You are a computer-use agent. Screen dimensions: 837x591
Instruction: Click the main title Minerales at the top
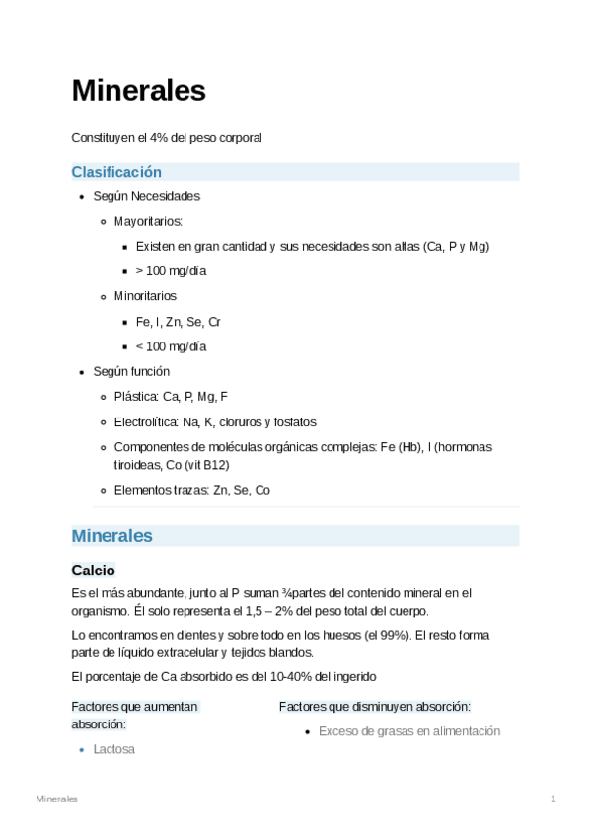[x=138, y=91]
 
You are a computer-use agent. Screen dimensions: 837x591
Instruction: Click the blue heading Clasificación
[x=116, y=172]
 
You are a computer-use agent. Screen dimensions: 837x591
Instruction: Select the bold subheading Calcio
[x=94, y=571]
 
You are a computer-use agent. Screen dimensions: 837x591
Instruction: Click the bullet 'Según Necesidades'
[x=146, y=196]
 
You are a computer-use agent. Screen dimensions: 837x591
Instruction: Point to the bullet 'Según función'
[x=131, y=371]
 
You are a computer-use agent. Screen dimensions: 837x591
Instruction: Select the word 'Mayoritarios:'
[x=148, y=221]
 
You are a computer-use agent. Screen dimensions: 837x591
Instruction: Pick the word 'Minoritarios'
[x=146, y=295]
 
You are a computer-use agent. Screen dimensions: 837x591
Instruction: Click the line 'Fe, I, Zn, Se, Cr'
[x=178, y=321]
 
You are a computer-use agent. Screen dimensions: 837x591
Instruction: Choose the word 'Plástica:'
[x=136, y=397]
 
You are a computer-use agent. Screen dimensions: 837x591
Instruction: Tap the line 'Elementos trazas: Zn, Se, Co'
[x=191, y=490]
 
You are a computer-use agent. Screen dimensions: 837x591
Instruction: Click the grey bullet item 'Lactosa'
[x=113, y=749]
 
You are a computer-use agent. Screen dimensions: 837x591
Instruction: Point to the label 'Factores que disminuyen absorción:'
[x=374, y=707]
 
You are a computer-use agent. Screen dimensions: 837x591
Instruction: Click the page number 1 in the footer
[x=554, y=798]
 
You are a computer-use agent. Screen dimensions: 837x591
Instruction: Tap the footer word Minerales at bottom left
[x=57, y=798]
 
